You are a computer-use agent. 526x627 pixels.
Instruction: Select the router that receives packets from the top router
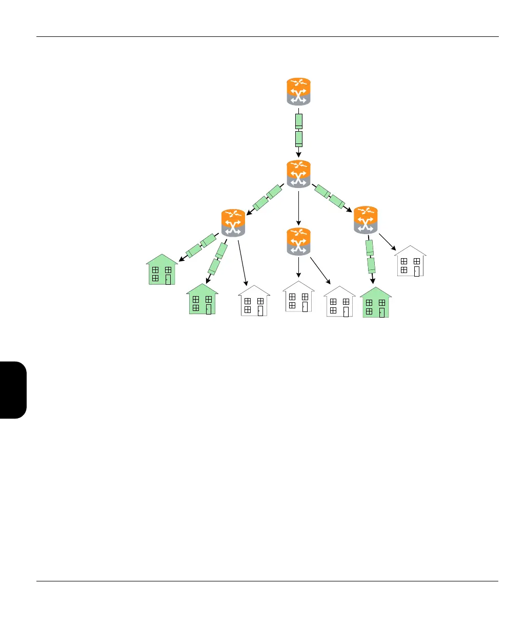tap(299, 174)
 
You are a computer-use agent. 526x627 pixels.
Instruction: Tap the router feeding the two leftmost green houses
tap(233, 223)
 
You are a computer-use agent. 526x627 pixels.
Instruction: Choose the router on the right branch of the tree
tap(366, 220)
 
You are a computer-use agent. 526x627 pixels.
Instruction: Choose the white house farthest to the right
tap(410, 262)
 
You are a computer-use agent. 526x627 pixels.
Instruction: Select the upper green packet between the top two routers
tap(299, 121)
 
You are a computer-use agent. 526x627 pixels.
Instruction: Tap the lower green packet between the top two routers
tap(299, 139)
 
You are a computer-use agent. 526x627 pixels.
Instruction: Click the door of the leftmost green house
tap(168, 279)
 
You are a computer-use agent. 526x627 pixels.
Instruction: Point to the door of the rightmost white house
tap(416, 271)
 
